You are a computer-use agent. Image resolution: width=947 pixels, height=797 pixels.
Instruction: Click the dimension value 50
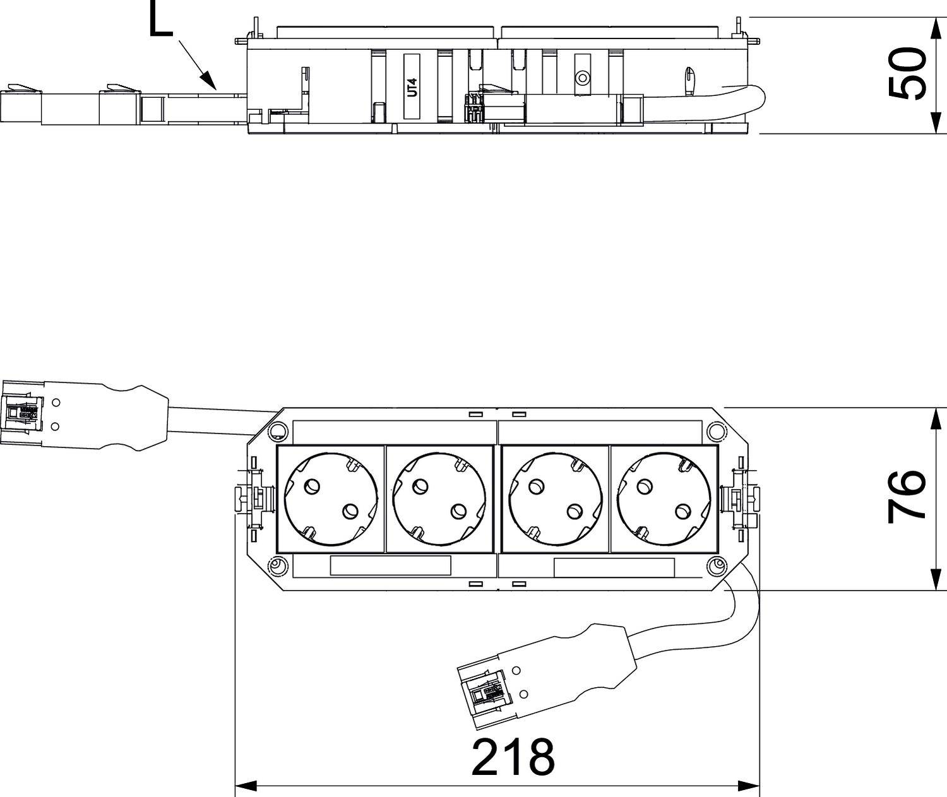pyautogui.click(x=906, y=73)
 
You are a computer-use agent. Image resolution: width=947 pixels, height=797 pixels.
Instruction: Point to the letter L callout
pyautogui.click(x=161, y=18)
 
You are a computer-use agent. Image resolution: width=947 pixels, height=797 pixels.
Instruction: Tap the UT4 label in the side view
pyautogui.click(x=412, y=87)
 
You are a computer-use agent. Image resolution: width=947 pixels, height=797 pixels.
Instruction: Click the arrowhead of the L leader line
pyautogui.click(x=210, y=80)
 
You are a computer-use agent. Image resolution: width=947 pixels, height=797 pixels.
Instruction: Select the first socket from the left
pyautogui.click(x=331, y=499)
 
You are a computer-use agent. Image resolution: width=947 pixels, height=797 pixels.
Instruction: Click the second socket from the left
pyautogui.click(x=439, y=499)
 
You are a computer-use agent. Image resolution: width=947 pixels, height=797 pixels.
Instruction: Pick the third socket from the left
pyautogui.click(x=555, y=499)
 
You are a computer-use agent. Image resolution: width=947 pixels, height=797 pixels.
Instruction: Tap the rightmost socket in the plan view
pyautogui.click(x=664, y=499)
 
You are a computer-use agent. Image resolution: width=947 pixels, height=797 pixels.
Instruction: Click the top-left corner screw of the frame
pyautogui.click(x=278, y=431)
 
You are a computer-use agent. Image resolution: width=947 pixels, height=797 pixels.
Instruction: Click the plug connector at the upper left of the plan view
pyautogui.click(x=85, y=415)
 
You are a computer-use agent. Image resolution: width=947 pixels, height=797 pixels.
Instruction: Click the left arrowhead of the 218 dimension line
pyautogui.click(x=246, y=786)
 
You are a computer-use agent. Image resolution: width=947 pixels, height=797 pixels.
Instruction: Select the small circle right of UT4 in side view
pyautogui.click(x=582, y=78)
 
